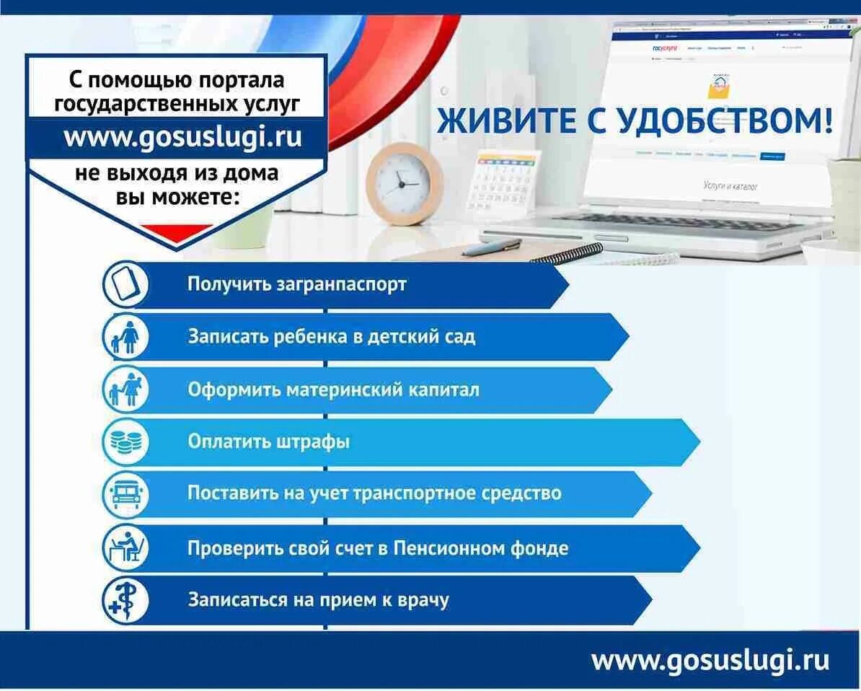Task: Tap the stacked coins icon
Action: click(125, 441)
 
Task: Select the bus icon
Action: click(125, 494)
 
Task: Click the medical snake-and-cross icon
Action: click(125, 600)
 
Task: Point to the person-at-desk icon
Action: click(125, 547)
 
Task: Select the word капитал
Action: click(443, 390)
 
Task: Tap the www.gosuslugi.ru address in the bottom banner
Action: click(710, 661)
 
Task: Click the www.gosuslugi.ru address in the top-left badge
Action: click(182, 136)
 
